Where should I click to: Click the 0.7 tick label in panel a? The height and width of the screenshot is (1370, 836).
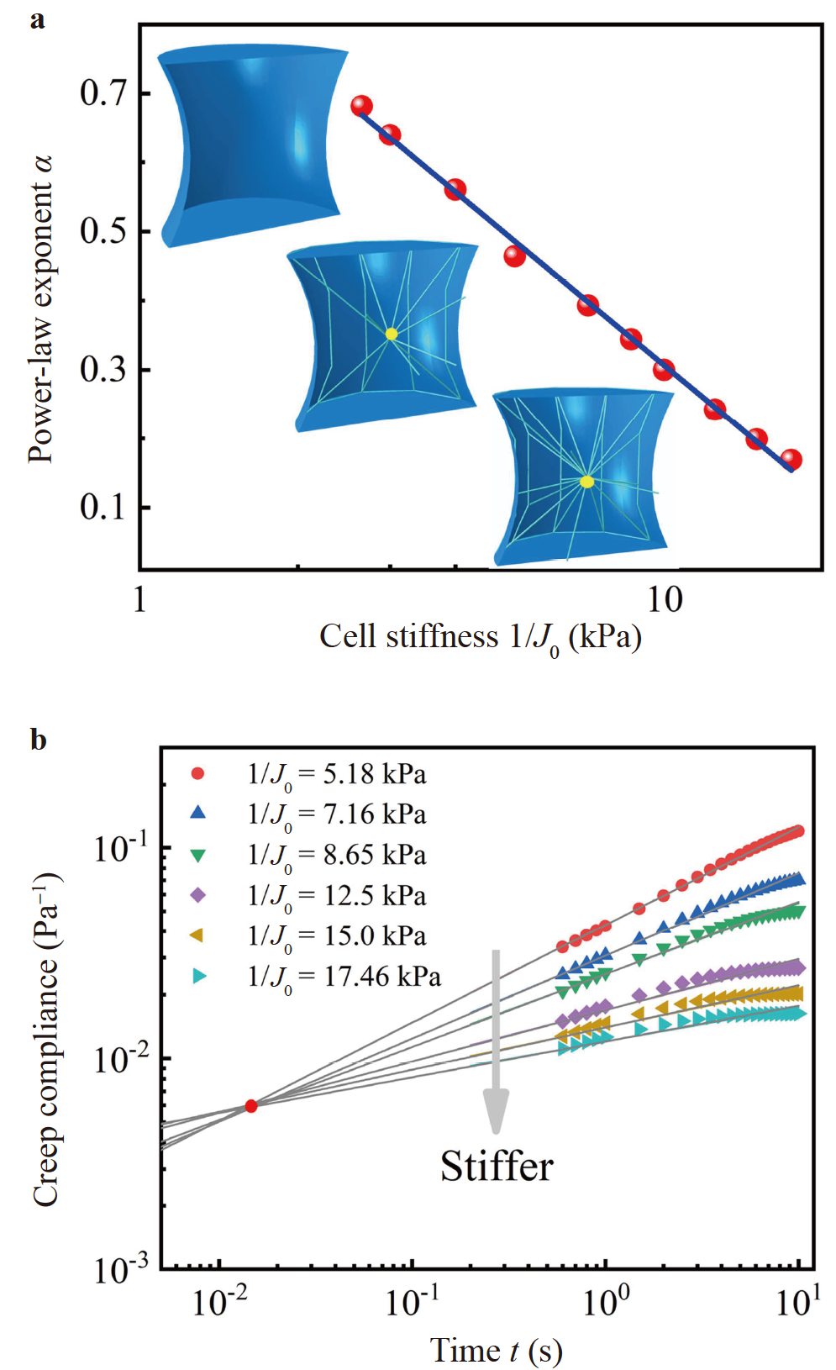[103, 92]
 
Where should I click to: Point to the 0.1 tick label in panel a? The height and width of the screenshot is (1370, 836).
[103, 507]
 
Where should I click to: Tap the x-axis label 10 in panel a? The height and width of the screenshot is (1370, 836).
[664, 600]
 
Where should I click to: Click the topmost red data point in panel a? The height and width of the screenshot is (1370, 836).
[361, 106]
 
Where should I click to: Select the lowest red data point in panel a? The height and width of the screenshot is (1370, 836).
[791, 460]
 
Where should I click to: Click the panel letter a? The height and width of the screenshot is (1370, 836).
[37, 18]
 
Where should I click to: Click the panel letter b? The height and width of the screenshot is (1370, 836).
[38, 740]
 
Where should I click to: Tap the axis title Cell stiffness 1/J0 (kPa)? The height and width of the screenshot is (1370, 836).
[480, 638]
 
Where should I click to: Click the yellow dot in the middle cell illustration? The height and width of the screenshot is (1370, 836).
[392, 334]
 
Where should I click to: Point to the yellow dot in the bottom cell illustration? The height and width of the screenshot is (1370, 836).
[586, 482]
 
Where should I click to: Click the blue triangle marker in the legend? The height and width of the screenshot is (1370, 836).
[198, 813]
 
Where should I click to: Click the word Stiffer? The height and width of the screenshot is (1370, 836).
[497, 1167]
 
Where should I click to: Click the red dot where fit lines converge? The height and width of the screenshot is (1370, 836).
[250, 1105]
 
